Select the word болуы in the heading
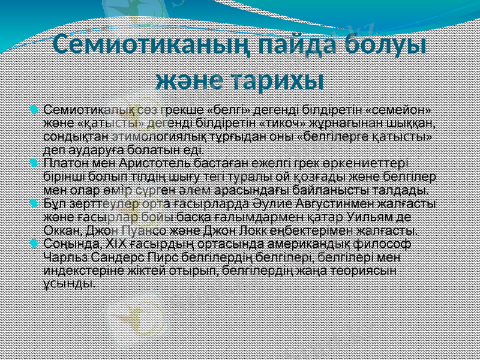click(386, 46)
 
